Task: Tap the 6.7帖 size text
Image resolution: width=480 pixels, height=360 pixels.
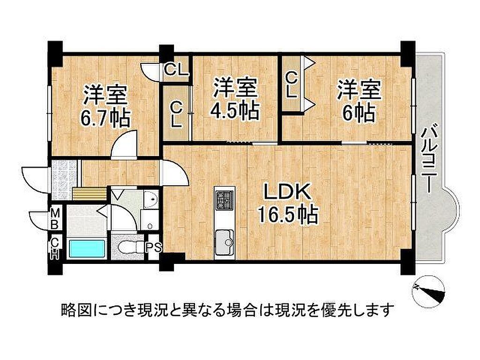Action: click(105, 118)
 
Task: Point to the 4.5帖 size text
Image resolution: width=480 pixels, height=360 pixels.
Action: click(235, 111)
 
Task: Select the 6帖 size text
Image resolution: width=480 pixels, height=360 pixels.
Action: click(359, 113)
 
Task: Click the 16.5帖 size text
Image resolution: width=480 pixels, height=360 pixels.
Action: click(288, 215)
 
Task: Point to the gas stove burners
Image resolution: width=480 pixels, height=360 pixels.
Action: click(225, 200)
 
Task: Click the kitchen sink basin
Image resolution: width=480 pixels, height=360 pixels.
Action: click(225, 242)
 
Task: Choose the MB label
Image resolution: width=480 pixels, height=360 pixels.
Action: click(55, 218)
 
